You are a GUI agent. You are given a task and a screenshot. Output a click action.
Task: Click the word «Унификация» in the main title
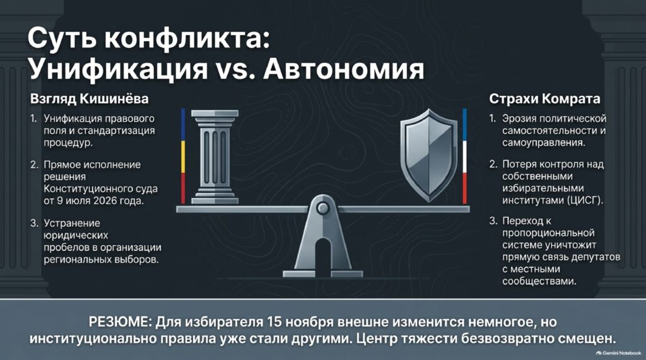pyautogui.click(x=119, y=69)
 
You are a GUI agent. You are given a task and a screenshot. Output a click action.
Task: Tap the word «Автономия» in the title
pyautogui.click(x=344, y=69)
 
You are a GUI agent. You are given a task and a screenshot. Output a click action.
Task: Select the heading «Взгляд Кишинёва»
pyautogui.click(x=89, y=99)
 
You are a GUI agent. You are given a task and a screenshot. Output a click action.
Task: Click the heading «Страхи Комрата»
pyautogui.click(x=544, y=99)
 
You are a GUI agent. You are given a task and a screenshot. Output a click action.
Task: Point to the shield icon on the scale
pyautogui.click(x=429, y=155)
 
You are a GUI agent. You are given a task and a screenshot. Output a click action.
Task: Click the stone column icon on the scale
pyautogui.click(x=214, y=156)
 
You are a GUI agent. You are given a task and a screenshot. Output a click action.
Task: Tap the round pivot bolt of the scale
pyautogui.click(x=322, y=208)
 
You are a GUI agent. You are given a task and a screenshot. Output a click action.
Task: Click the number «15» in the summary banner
pyautogui.click(x=274, y=322)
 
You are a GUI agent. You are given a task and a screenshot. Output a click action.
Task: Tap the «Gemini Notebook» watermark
pyautogui.click(x=618, y=353)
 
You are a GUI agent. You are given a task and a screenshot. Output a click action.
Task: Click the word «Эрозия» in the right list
pyautogui.click(x=519, y=119)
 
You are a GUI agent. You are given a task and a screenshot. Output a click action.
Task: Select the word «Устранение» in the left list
pyautogui.click(x=72, y=223)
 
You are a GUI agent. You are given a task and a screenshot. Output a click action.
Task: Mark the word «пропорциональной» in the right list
pyautogui.click(x=548, y=233)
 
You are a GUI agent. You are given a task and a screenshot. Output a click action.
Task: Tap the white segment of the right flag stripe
pyautogui.click(x=465, y=156)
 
